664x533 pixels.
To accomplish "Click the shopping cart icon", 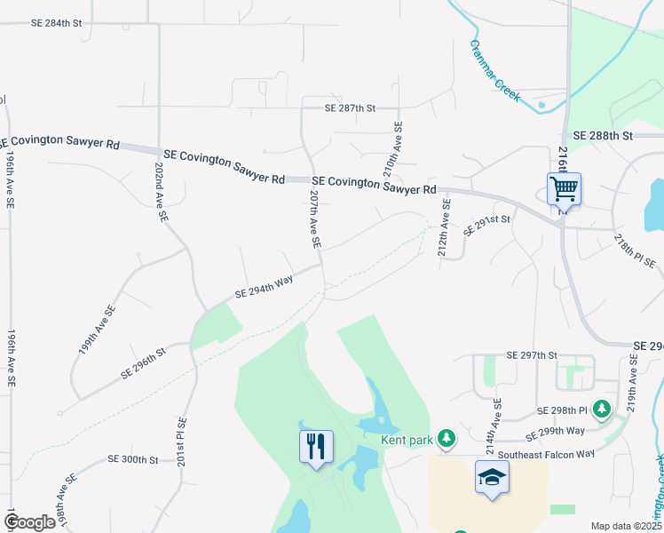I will click(x=564, y=189).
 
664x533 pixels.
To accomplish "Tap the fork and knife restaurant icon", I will click(x=316, y=446).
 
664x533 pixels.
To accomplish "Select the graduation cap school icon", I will click(x=492, y=478).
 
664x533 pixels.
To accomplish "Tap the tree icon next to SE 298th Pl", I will click(x=603, y=409).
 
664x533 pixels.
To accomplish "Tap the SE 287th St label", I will click(x=351, y=108).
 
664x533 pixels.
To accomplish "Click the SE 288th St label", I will click(x=603, y=136).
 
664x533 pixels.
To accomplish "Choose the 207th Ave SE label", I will click(x=313, y=219).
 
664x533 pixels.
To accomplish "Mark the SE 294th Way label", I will click(x=264, y=287).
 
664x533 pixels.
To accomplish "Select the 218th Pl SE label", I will click(x=635, y=251).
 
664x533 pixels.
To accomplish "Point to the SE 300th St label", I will click(x=133, y=459).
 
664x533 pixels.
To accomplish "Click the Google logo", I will click(x=30, y=522).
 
